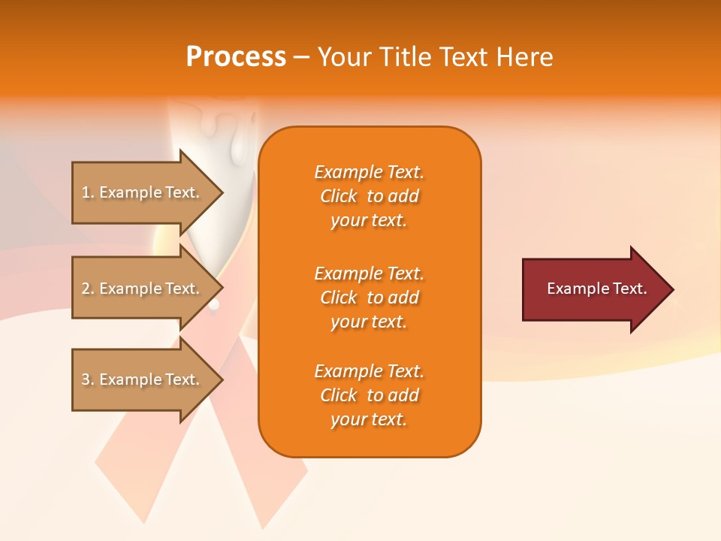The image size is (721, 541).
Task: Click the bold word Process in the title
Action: [x=236, y=57]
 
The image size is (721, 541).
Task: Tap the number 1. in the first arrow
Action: [x=88, y=192]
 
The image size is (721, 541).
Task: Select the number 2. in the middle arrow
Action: [x=88, y=289]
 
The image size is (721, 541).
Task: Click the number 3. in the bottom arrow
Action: [x=88, y=379]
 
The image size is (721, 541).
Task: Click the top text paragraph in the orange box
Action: [x=369, y=196]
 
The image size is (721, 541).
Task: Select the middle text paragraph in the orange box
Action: [x=369, y=298]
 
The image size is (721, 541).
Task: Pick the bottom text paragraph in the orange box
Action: [x=369, y=395]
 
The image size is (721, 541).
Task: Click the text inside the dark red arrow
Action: [x=596, y=289]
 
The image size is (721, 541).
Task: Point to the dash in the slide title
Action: [x=301, y=58]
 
